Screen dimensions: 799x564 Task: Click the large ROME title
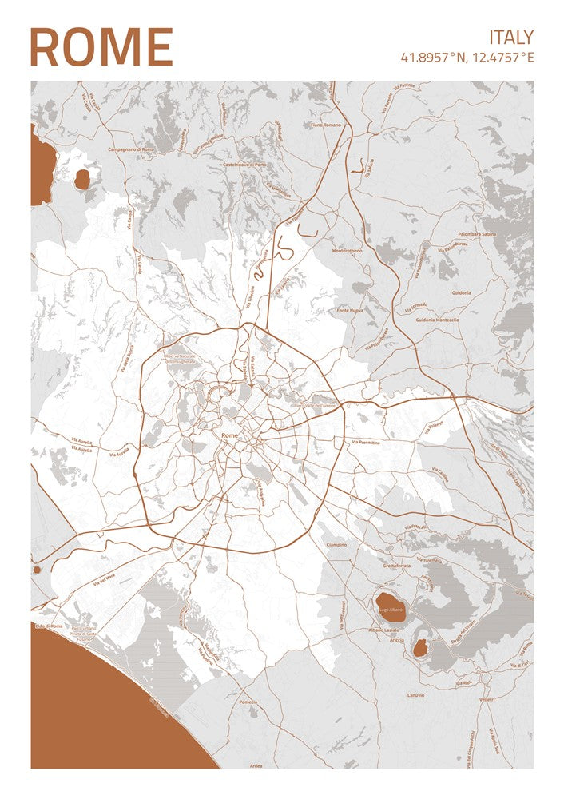pos(101,47)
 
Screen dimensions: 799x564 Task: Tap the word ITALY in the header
pos(511,37)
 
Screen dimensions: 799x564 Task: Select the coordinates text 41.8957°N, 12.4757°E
pos(467,58)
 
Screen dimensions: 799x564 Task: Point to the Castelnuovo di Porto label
pos(244,165)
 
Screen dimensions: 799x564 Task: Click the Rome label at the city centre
pos(230,435)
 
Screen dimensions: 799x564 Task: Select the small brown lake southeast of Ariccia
pos(420,648)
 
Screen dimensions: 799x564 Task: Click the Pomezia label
pos(247,702)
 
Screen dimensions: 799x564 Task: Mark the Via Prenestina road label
pos(366,442)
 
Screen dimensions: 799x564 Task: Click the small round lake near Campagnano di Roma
pos(82,180)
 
